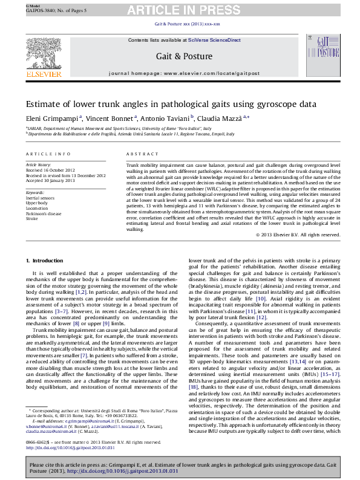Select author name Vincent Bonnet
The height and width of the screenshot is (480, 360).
pyautogui.click(x=112, y=118)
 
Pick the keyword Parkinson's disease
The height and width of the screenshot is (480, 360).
pyautogui.click(x=44, y=213)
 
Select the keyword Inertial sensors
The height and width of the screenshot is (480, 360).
pyautogui.click(x=40, y=198)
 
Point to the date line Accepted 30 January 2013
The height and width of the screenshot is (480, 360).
pyautogui.click(x=50, y=180)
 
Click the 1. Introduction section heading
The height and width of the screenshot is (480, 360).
pyautogui.click(x=47, y=261)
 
